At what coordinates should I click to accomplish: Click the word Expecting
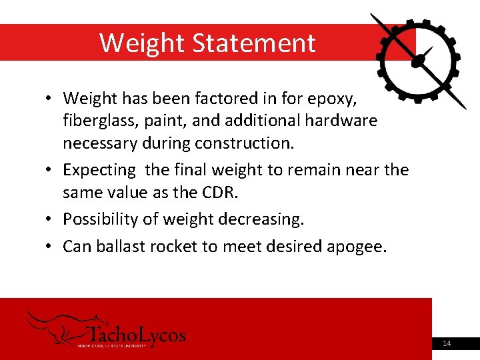pyautogui.click(x=100, y=171)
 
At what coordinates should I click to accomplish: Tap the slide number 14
pyautogui.click(x=447, y=343)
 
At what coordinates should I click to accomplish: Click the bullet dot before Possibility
pyautogui.click(x=50, y=219)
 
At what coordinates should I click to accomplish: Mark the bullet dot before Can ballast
pyautogui.click(x=50, y=247)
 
